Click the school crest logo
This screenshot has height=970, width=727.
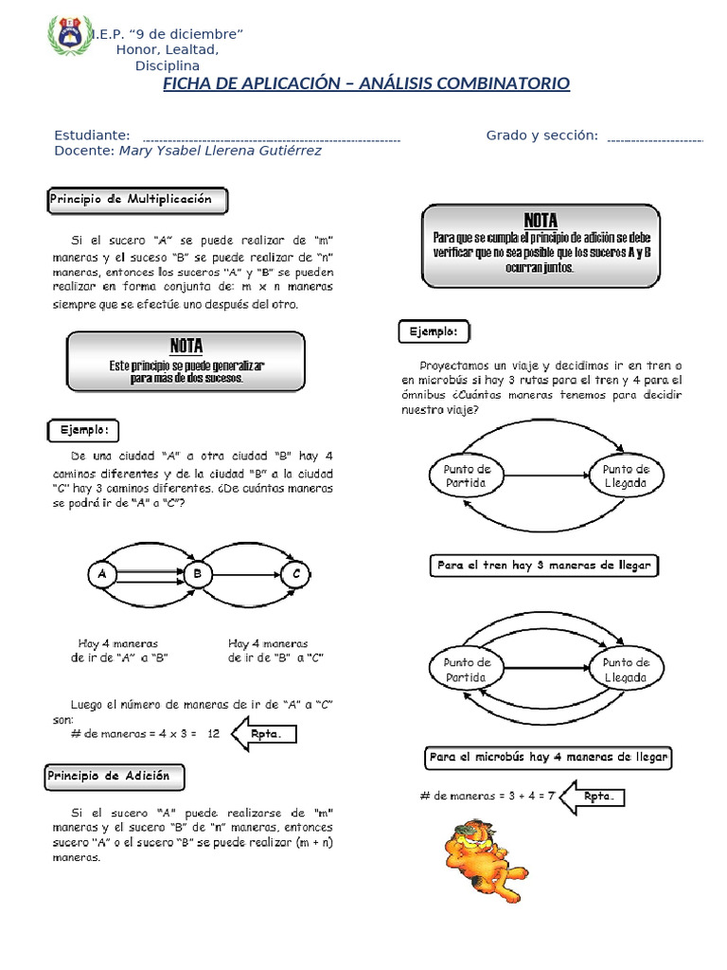(69, 36)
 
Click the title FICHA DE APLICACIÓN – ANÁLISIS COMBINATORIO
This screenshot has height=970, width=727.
(366, 84)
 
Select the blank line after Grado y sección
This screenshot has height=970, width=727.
(654, 139)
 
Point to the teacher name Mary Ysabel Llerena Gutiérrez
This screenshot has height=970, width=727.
(221, 151)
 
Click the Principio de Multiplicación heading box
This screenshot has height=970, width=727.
(138, 200)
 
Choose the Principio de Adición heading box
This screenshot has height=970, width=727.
(115, 777)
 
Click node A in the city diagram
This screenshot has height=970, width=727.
(101, 574)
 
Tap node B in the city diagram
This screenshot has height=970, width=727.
(198, 574)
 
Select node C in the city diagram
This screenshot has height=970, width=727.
(296, 574)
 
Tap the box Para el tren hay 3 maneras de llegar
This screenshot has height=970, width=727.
(543, 566)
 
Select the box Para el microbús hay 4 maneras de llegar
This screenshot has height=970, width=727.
(549, 757)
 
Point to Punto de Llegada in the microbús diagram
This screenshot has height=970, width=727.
(626, 670)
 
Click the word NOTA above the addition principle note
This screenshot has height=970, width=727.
(541, 220)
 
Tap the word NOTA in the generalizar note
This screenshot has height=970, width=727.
(186, 346)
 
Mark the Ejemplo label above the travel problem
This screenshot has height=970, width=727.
(434, 332)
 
